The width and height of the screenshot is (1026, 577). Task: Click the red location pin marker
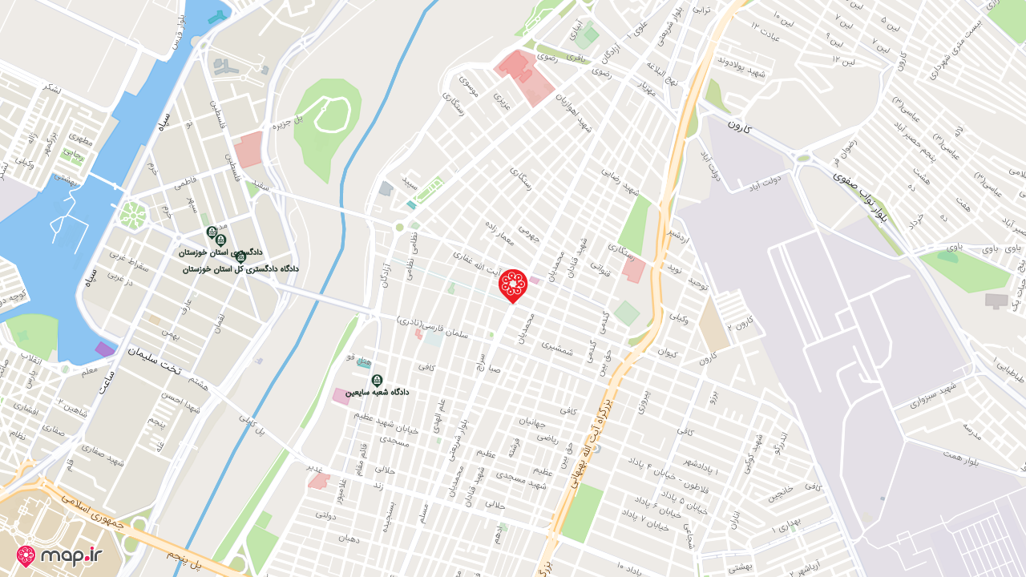512,284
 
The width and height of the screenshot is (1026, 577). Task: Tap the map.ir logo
60,555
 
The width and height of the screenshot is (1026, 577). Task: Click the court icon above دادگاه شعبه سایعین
377,380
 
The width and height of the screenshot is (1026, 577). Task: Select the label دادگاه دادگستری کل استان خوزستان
240,269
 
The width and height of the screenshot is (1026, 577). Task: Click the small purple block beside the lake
105,349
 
